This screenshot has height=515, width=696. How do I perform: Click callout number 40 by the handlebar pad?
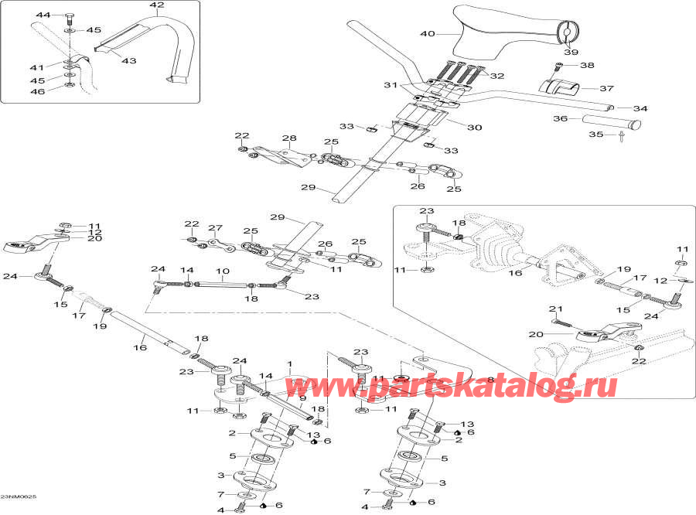pyautogui.click(x=428, y=33)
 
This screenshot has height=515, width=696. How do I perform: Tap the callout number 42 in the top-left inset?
pyautogui.click(x=157, y=5)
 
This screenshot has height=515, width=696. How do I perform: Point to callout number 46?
pyautogui.click(x=38, y=92)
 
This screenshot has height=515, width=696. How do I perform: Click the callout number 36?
pyautogui.click(x=561, y=118)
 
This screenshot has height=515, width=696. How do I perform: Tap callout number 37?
pyautogui.click(x=608, y=88)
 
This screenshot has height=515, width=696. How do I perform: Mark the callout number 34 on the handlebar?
pyautogui.click(x=640, y=108)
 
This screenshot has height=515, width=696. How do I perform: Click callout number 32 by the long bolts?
pyautogui.click(x=496, y=76)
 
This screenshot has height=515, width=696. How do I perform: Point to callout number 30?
pyautogui.click(x=474, y=128)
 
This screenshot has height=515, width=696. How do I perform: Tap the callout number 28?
pyautogui.click(x=289, y=138)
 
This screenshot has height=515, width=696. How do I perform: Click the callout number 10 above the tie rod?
pyautogui.click(x=222, y=272)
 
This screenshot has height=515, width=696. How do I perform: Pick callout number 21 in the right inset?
pyautogui.click(x=553, y=309)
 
